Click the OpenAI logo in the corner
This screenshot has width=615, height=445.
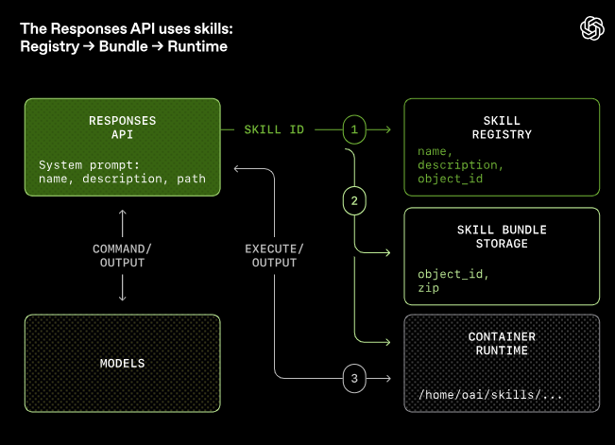click(x=591, y=29)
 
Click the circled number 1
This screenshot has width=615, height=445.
click(x=354, y=128)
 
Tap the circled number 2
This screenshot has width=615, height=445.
click(x=354, y=199)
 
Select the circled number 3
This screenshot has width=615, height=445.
click(x=354, y=379)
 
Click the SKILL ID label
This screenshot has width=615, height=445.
click(x=274, y=128)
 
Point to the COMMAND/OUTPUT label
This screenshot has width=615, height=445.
click(x=123, y=255)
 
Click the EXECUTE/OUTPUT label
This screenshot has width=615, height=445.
click(x=275, y=255)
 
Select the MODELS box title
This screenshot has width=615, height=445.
click(x=123, y=363)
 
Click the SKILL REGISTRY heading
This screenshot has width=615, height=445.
click(x=501, y=128)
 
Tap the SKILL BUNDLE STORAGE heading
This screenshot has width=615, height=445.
click(x=501, y=237)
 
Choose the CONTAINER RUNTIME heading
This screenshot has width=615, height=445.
click(x=501, y=343)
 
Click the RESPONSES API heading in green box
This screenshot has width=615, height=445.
click(x=122, y=128)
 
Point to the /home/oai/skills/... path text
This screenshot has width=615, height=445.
click(x=490, y=394)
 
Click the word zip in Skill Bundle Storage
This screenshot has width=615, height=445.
click(x=428, y=287)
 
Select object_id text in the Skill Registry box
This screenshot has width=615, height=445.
click(x=450, y=178)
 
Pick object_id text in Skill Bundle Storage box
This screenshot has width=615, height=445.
click(x=450, y=274)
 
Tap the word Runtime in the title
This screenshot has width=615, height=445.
click(x=197, y=46)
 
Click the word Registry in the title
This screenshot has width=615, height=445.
click(x=49, y=46)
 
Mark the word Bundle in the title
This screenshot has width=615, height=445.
click(x=125, y=46)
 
